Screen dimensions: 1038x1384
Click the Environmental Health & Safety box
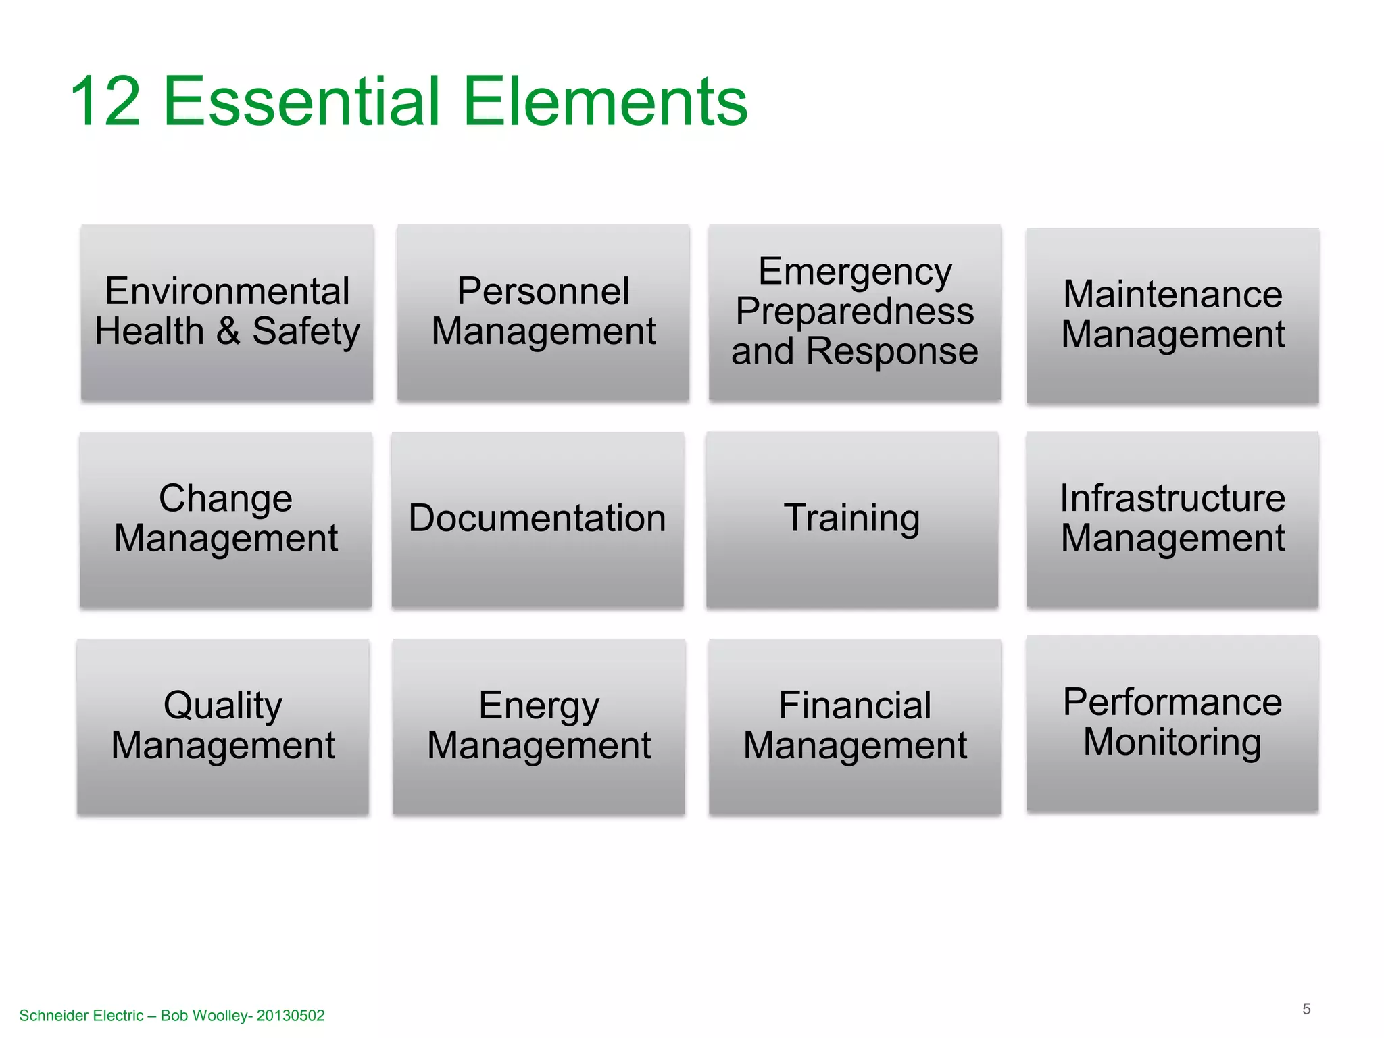227,313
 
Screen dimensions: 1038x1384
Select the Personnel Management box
543,313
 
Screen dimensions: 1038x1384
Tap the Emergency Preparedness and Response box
855,313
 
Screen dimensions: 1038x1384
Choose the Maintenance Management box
1172,316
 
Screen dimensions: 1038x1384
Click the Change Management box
226,520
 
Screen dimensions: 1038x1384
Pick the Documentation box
537,520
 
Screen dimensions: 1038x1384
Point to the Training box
852,520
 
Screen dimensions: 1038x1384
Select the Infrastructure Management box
1172,520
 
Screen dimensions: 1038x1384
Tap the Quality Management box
223,726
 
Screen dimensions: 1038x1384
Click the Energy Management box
539,726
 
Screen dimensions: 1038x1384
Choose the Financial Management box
855,726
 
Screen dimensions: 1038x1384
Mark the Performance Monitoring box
1172,723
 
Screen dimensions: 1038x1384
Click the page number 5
1306,1009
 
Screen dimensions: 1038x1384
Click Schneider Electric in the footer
81,1016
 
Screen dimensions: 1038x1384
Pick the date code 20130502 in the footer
291,1016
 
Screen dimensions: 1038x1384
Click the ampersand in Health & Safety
228,332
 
